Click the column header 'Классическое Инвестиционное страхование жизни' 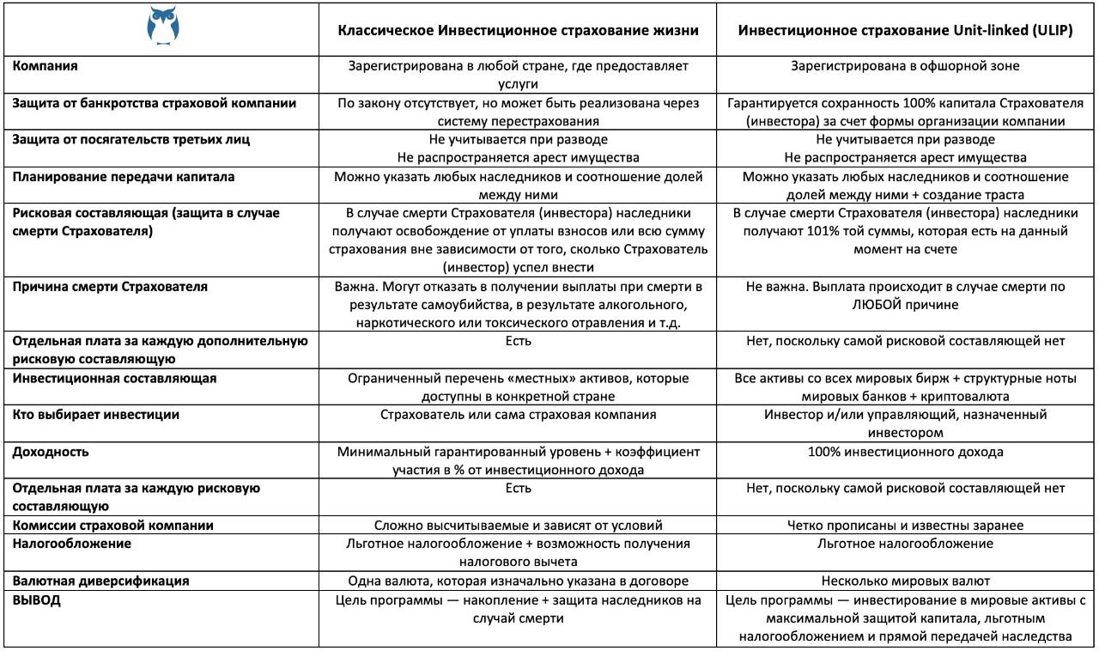[518, 30]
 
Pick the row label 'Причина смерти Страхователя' [109, 287]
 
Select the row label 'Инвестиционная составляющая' [114, 378]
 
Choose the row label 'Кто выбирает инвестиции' [95, 415]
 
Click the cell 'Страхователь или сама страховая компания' [518, 415]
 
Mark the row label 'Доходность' [51, 452]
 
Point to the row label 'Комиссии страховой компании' [112, 525]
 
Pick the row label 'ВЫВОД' [36, 600]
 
